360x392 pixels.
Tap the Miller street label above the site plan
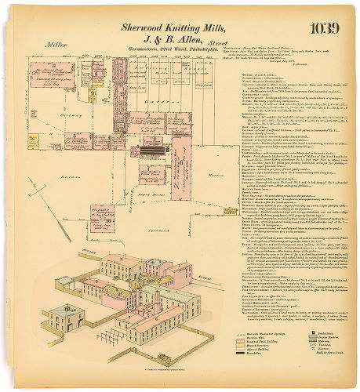click(x=56, y=45)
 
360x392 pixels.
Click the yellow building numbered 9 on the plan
click(x=92, y=96)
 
